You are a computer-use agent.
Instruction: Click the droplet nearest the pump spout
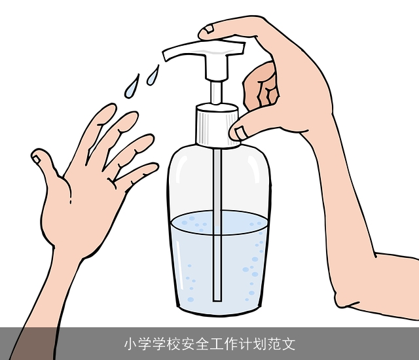[153, 73]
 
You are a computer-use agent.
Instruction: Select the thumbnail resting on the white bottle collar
[239, 132]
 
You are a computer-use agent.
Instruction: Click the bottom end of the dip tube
[217, 297]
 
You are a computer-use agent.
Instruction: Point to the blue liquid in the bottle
[196, 262]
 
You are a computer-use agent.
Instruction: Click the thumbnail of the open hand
[39, 157]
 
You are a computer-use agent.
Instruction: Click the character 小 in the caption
[130, 344]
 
